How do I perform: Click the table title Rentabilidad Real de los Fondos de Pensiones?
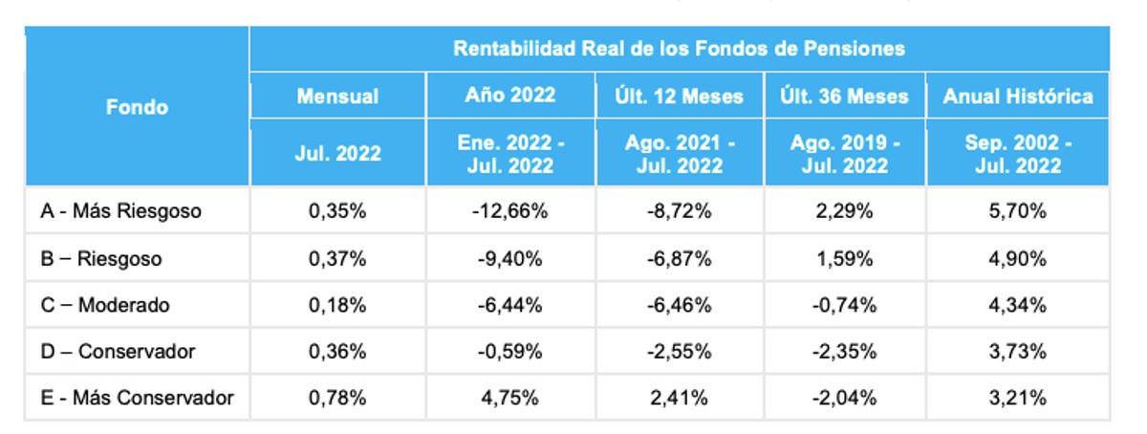click(679, 49)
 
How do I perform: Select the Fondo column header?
click(137, 107)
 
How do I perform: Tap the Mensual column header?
click(337, 97)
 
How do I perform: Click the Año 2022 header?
click(510, 95)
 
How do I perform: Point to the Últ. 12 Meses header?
click(679, 97)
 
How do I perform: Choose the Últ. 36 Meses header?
click(844, 97)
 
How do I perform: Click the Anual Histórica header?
click(1018, 97)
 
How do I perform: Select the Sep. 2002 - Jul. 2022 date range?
click(1018, 154)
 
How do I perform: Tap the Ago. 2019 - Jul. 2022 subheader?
click(844, 154)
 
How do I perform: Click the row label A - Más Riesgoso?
click(120, 211)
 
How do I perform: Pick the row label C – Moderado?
click(105, 305)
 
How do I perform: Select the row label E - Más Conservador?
click(138, 398)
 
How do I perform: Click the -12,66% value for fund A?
click(510, 211)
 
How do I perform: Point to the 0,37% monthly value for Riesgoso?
click(337, 259)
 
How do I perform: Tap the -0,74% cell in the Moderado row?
click(844, 305)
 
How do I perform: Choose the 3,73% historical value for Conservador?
click(1018, 352)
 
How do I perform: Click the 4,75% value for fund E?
click(510, 398)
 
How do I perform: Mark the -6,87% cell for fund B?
click(679, 259)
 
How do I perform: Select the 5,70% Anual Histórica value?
click(1018, 211)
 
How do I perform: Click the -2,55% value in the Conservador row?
click(679, 352)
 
